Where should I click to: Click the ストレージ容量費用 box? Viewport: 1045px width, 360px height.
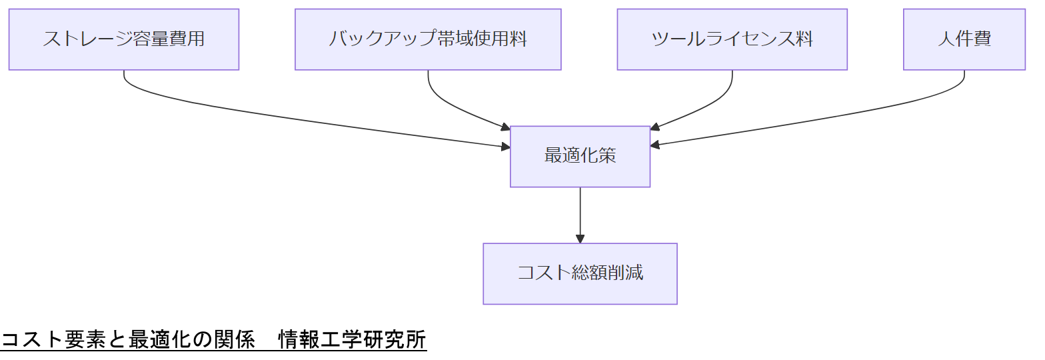[x=124, y=39]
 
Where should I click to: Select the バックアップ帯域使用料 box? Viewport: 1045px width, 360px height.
[x=428, y=39]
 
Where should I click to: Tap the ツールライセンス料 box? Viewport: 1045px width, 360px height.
[x=732, y=39]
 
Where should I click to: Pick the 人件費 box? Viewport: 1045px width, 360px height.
[x=964, y=39]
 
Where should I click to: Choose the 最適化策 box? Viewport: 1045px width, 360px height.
[x=580, y=157]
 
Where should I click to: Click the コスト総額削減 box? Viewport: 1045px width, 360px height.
[x=580, y=273]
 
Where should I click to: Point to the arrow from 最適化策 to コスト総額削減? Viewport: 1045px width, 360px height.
[x=580, y=213]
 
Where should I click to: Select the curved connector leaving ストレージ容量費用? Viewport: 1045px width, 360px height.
[x=267, y=113]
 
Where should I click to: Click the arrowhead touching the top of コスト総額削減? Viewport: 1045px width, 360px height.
[x=580, y=239]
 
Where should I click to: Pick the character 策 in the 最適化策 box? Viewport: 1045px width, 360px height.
[x=607, y=157]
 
